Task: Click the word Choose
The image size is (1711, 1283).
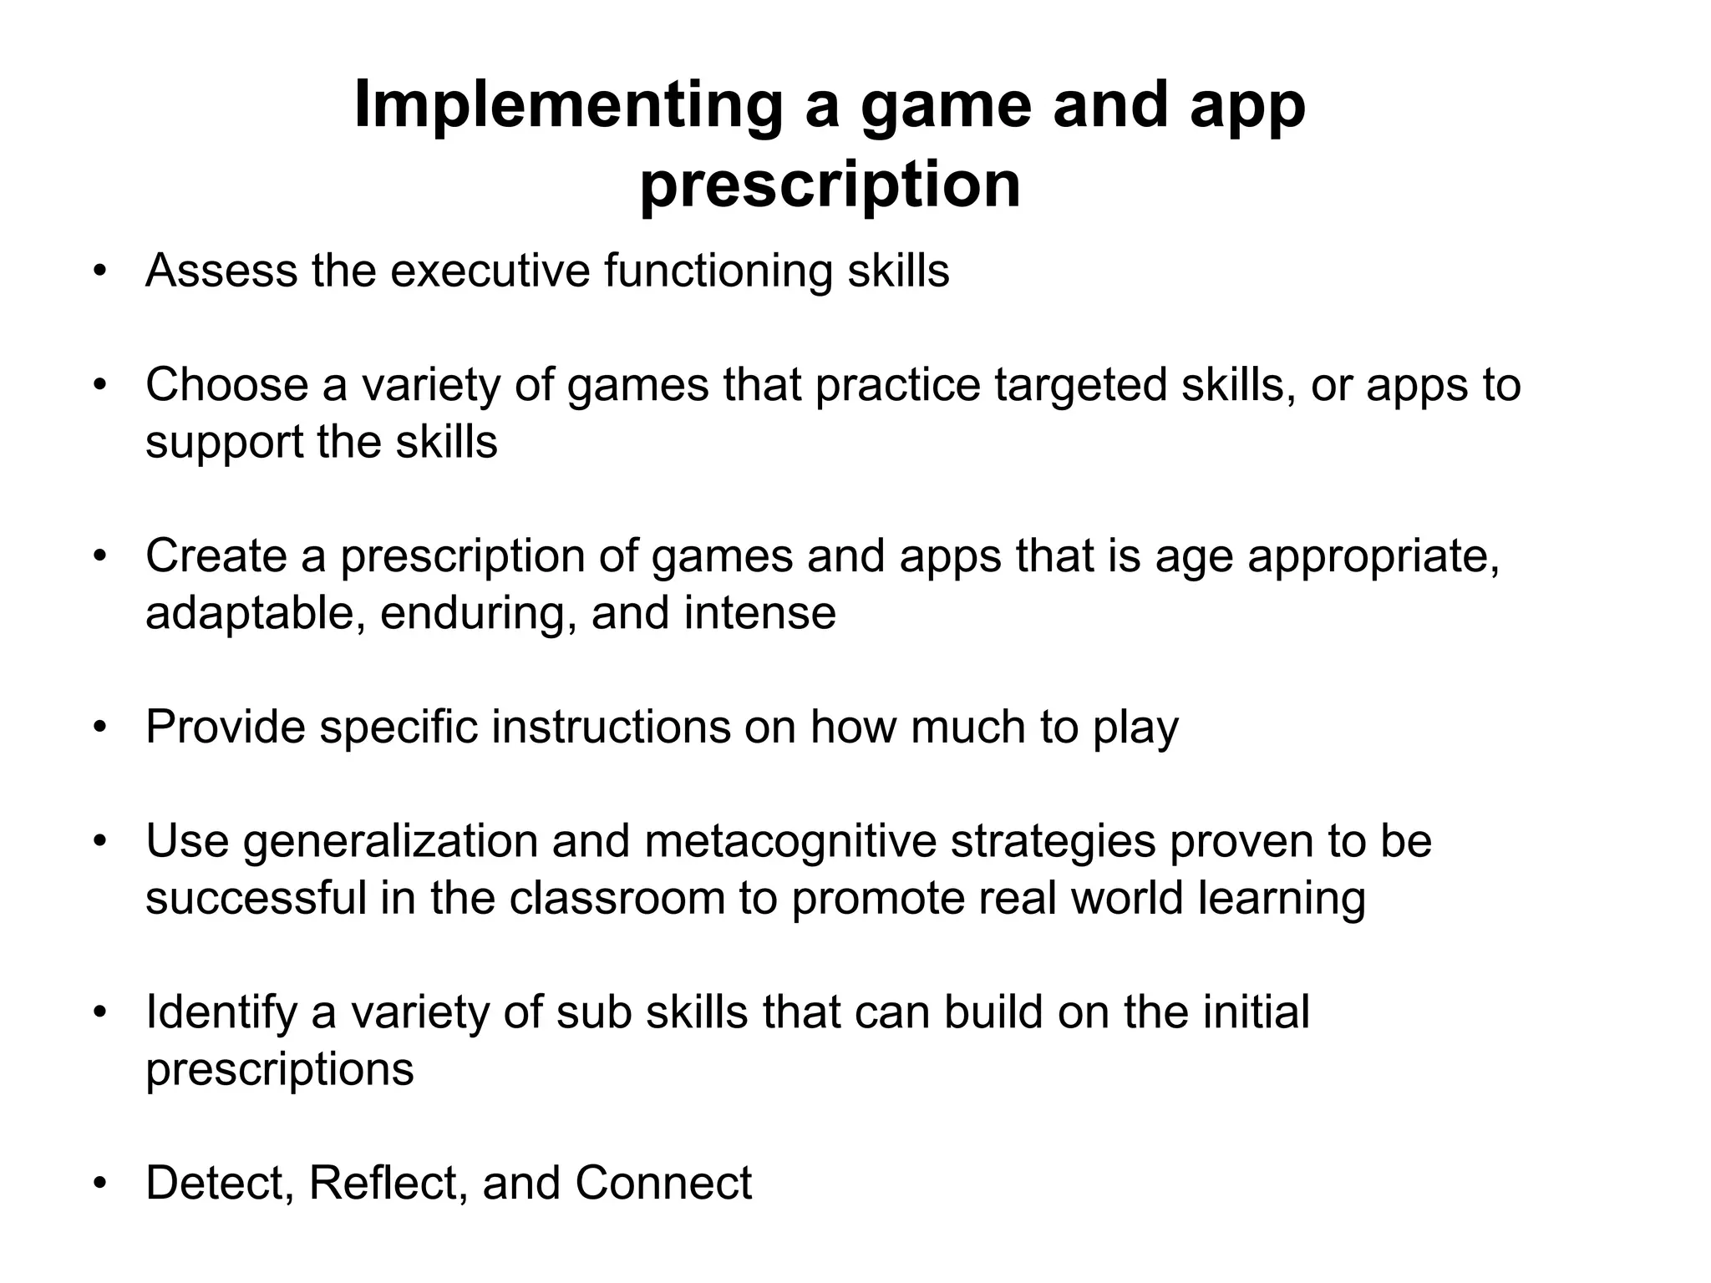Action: click(x=226, y=385)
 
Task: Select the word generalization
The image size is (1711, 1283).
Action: click(x=390, y=841)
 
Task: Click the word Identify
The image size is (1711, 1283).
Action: click(x=221, y=1012)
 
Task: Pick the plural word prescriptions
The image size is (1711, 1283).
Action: click(x=279, y=1069)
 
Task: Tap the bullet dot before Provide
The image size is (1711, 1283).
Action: click(x=100, y=727)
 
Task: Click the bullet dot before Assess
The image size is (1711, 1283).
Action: click(x=100, y=271)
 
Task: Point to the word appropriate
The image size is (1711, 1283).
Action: click(x=1373, y=556)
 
